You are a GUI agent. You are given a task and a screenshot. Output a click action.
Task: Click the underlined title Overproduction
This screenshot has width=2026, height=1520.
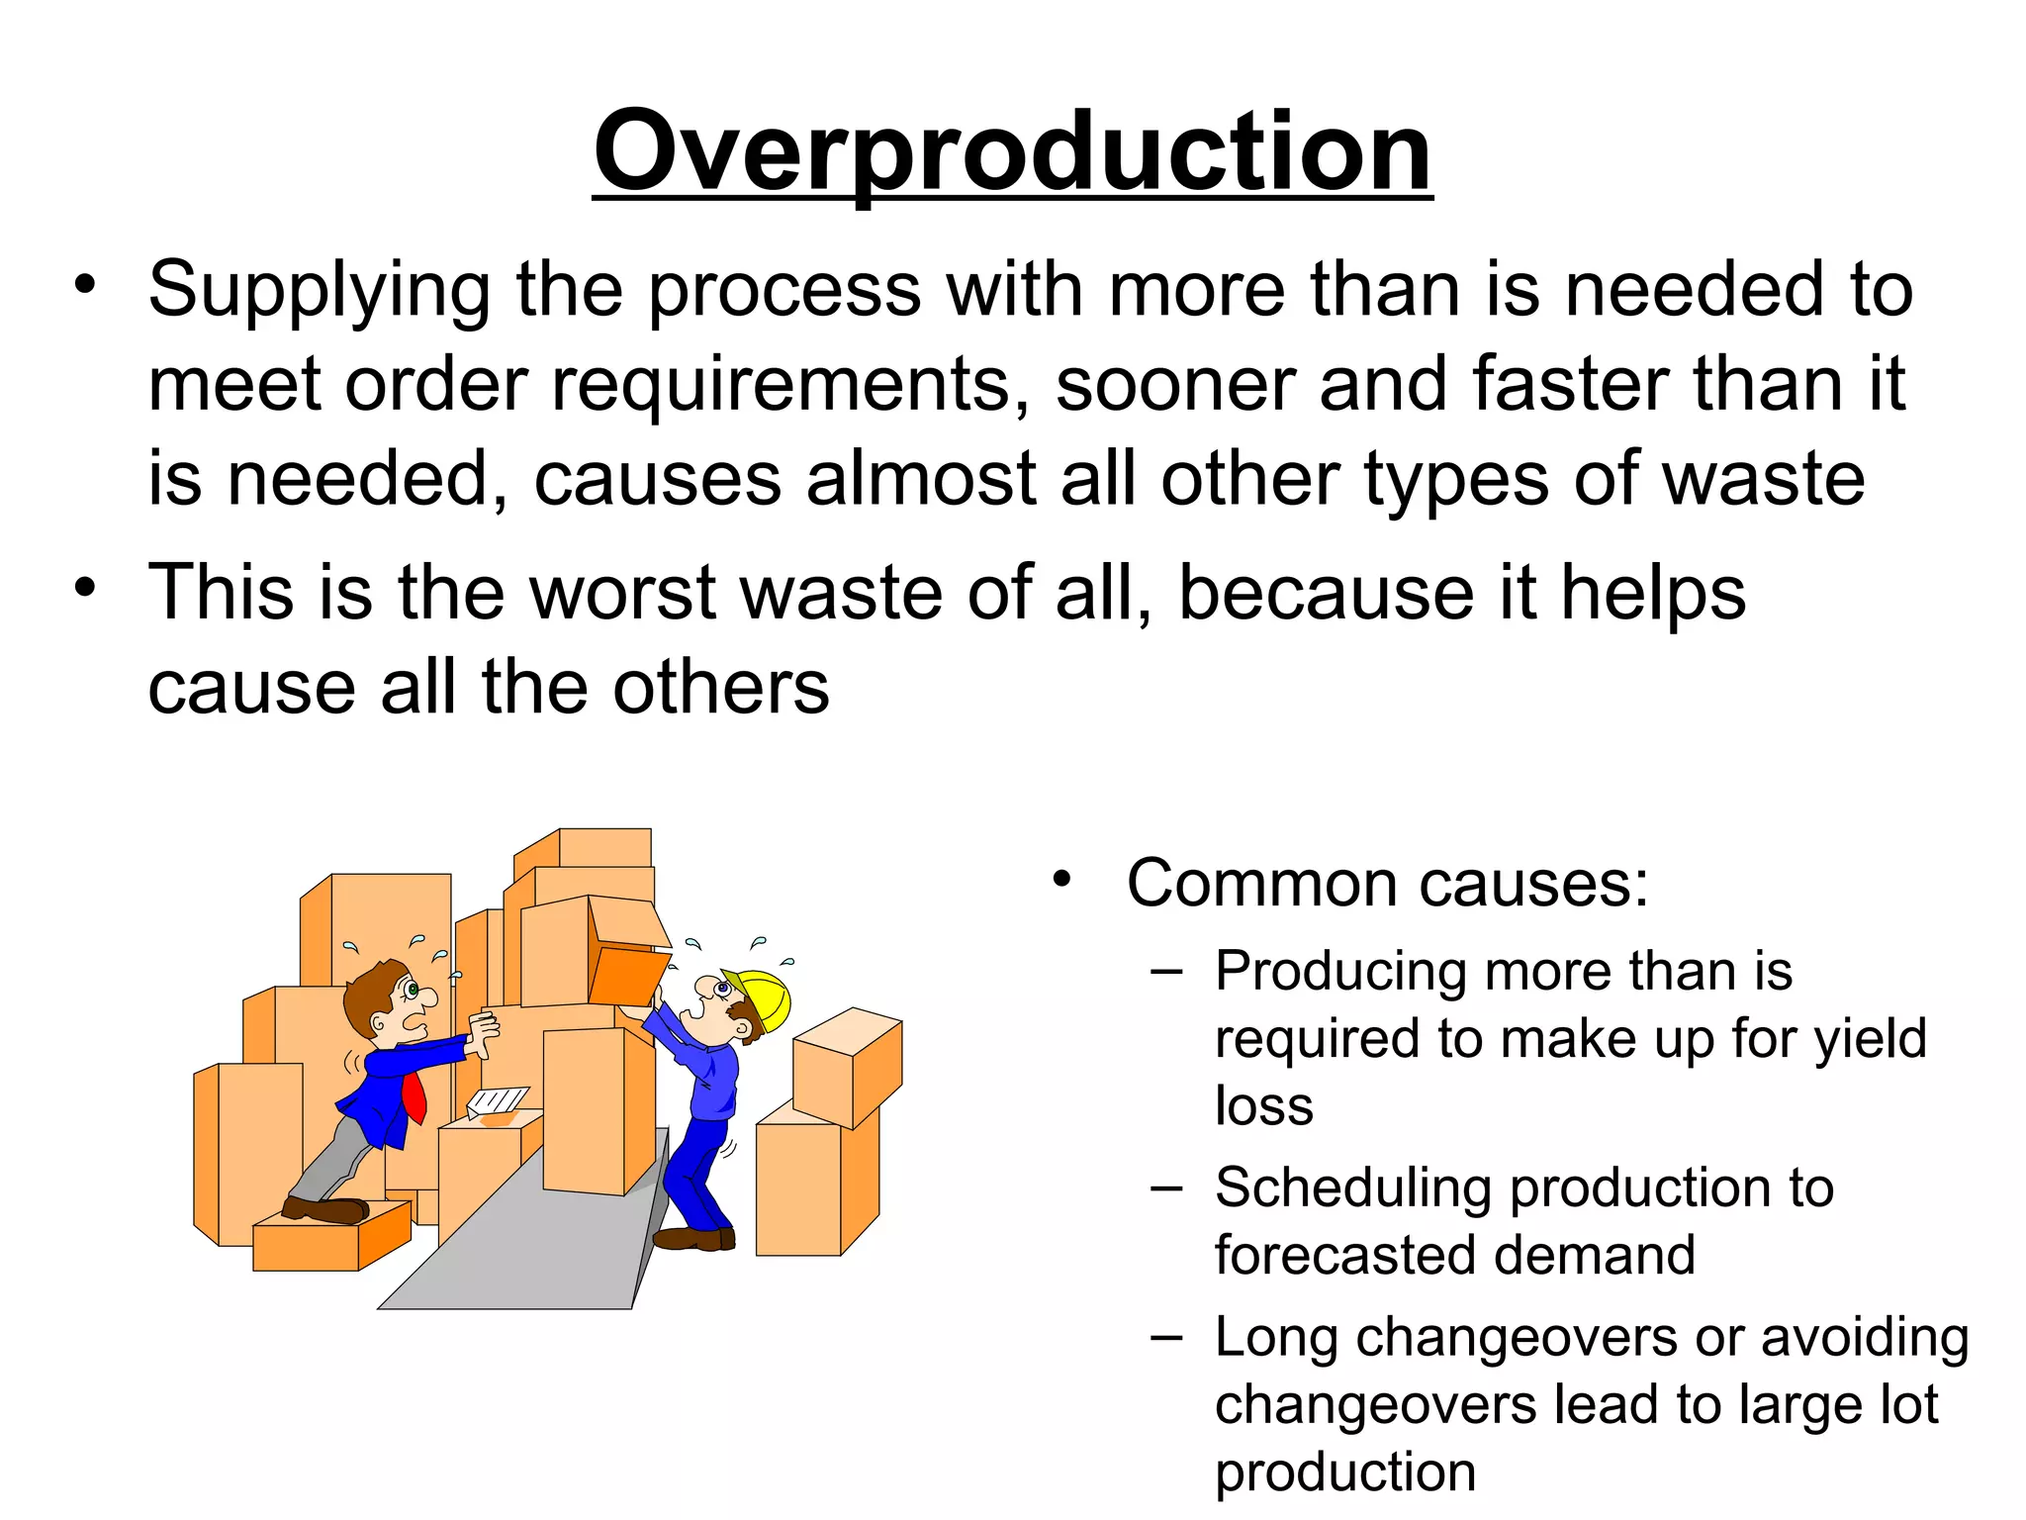(x=1012, y=153)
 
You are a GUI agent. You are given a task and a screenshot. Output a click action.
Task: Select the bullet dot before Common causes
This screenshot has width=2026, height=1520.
(x=1061, y=880)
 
